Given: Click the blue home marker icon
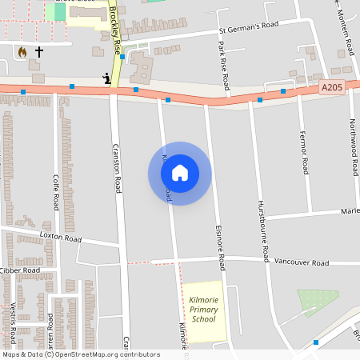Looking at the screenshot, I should [x=180, y=172].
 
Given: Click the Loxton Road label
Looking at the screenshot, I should [x=61, y=238].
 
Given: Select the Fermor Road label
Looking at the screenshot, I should [x=305, y=153].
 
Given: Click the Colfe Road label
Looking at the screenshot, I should [x=55, y=193].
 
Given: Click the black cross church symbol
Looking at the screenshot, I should [x=39, y=51].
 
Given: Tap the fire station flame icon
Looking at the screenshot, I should [x=22, y=51].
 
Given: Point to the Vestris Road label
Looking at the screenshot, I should [x=14, y=320].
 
